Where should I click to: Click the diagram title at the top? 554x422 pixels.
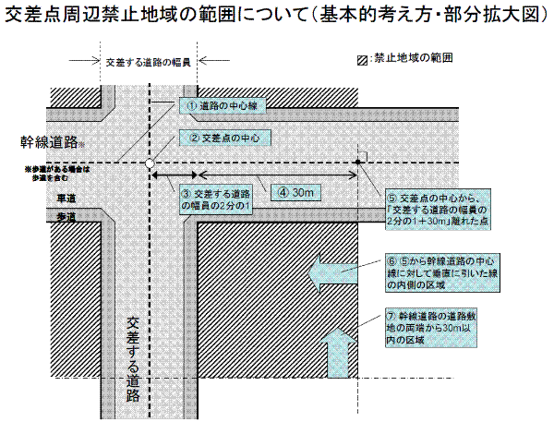pos(277,16)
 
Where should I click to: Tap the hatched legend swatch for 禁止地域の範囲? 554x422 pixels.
pos(363,58)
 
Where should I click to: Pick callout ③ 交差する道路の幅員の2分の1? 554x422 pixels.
pos(218,199)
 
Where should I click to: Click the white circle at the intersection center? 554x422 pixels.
pos(149,163)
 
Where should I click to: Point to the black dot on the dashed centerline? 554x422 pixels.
pos(358,163)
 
